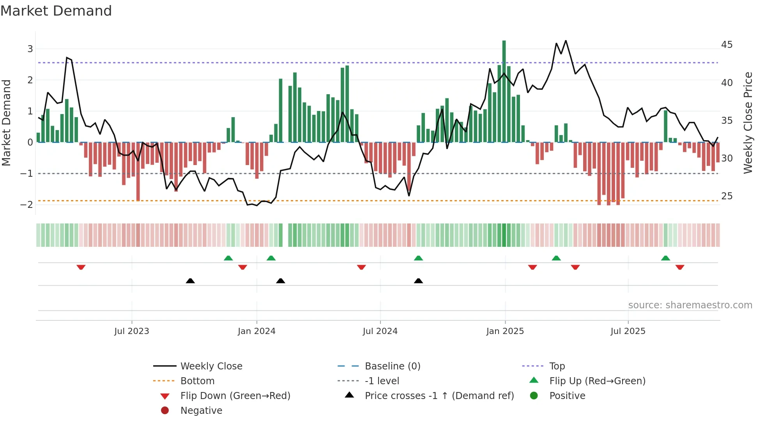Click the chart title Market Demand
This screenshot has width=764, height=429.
point(56,11)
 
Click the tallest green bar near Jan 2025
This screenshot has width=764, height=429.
point(504,91)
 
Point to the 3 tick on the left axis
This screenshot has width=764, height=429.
point(30,49)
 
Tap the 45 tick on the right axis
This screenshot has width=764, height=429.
point(727,45)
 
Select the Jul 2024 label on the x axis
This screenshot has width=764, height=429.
point(380,331)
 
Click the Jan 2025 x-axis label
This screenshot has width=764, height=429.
point(505,331)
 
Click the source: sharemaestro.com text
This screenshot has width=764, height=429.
point(690,305)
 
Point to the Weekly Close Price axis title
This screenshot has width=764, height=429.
point(748,123)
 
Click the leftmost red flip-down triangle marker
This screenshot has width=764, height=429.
point(81,267)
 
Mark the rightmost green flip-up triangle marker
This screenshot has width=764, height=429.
point(665,258)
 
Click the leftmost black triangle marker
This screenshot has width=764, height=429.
point(190,281)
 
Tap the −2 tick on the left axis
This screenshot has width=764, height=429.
point(27,205)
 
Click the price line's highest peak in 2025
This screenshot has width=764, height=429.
point(566,41)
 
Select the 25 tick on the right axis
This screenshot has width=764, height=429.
point(727,196)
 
